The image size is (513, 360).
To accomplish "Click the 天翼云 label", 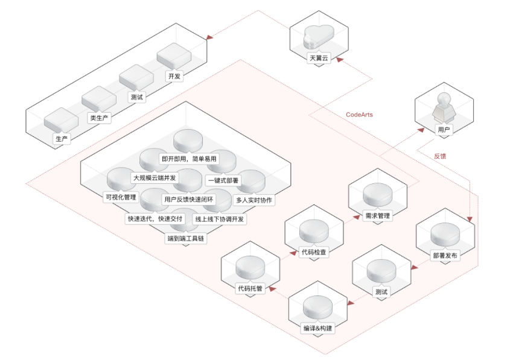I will pyautogui.click(x=320, y=58).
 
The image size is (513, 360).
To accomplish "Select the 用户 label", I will pyautogui.click(x=444, y=129).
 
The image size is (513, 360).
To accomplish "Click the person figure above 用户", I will pyautogui.click(x=444, y=107).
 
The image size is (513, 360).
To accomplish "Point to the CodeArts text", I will pyautogui.click(x=360, y=115).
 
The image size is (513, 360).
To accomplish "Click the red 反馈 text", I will pyautogui.click(x=441, y=156).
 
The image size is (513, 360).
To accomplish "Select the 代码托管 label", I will pyautogui.click(x=250, y=289).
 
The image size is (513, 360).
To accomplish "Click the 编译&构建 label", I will pyautogui.click(x=317, y=328).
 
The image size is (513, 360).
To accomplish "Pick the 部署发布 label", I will pyautogui.click(x=445, y=255).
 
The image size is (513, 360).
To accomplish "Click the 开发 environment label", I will pyautogui.click(x=174, y=77).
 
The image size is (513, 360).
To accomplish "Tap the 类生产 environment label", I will pyautogui.click(x=99, y=118).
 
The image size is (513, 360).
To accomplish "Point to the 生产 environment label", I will pyautogui.click(x=61, y=139).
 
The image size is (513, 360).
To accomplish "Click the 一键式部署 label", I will pyautogui.click(x=223, y=179).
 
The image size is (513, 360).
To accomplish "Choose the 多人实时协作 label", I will pyautogui.click(x=254, y=200).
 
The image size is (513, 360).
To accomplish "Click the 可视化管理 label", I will pyautogui.click(x=121, y=197).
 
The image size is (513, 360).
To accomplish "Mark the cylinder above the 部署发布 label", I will pyautogui.click(x=445, y=235).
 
